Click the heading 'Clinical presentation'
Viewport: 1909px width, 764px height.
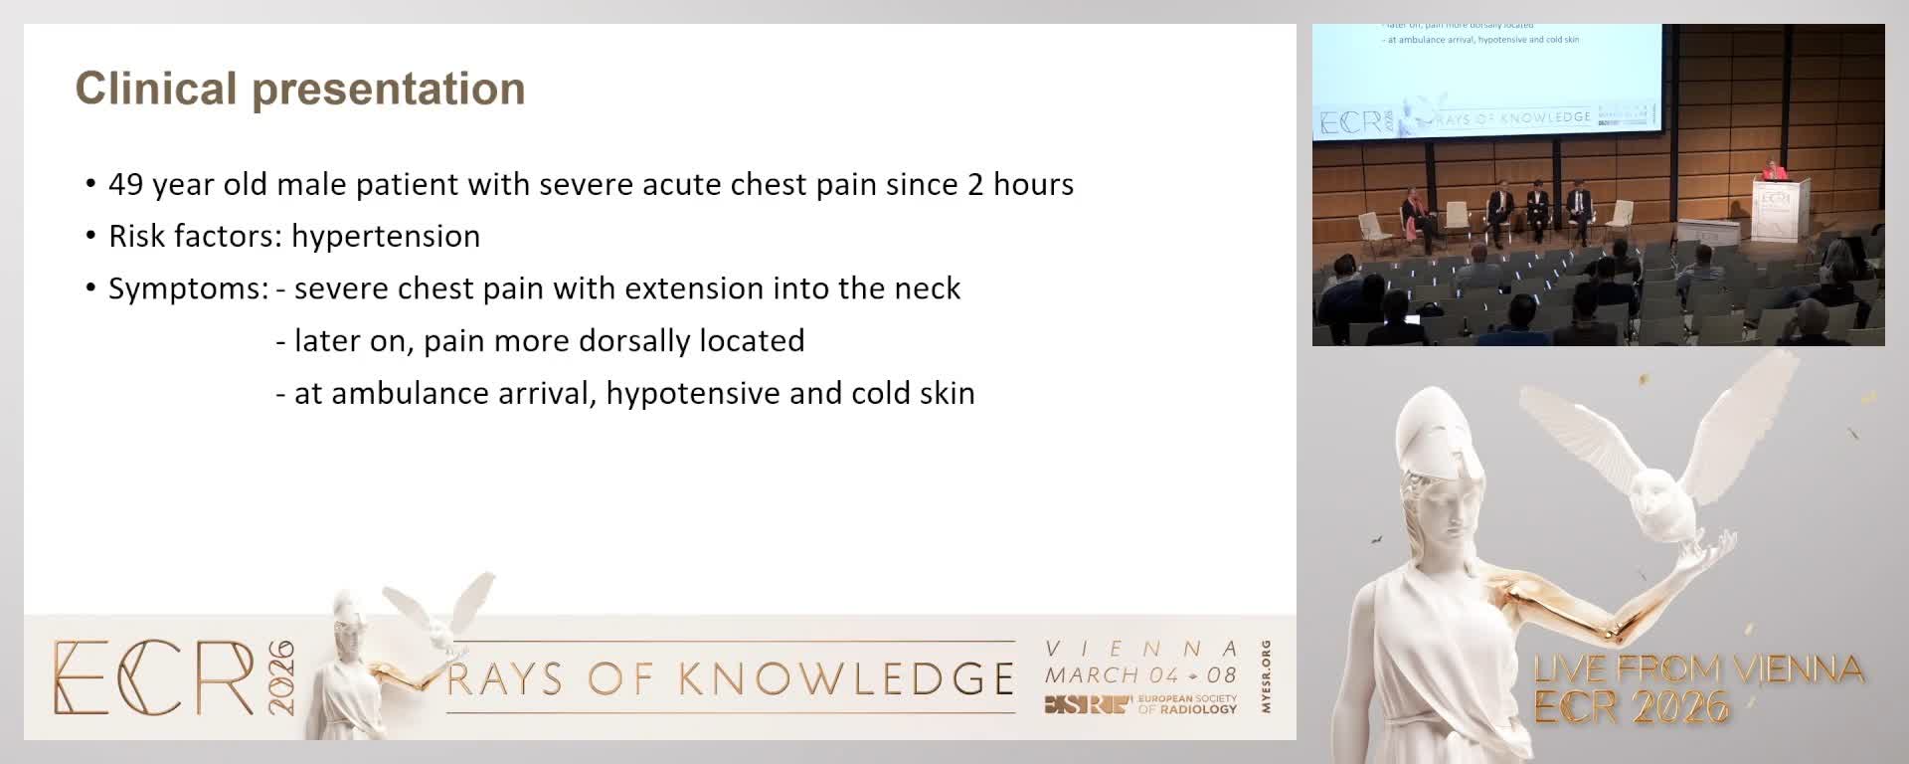pyautogui.click(x=300, y=89)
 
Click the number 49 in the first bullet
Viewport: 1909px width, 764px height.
pyautogui.click(x=125, y=185)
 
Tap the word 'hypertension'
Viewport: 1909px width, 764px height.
pyautogui.click(x=386, y=237)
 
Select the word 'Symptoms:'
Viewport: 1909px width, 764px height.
pyautogui.click(x=188, y=289)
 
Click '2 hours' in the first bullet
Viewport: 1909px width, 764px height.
pyautogui.click(x=1020, y=185)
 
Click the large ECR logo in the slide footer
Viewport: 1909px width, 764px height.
pyautogui.click(x=154, y=678)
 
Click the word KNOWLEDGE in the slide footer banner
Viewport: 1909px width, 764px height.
pyautogui.click(x=846, y=679)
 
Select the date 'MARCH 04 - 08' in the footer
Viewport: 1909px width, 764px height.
pyautogui.click(x=1140, y=675)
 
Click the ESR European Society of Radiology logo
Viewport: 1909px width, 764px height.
pyautogui.click(x=1140, y=704)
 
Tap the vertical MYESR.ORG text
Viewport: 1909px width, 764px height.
pyautogui.click(x=1266, y=676)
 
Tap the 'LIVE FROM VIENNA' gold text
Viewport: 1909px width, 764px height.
pyautogui.click(x=1698, y=669)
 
